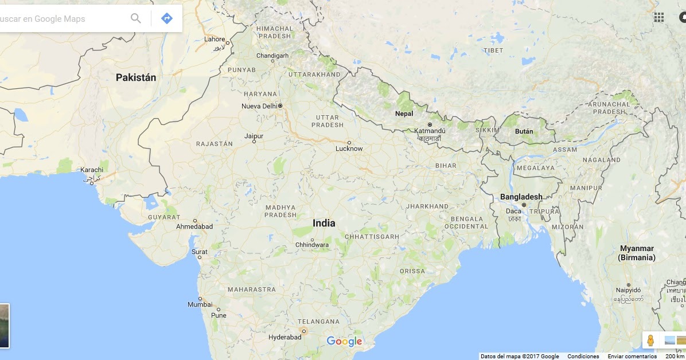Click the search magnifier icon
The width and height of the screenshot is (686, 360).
(x=136, y=18)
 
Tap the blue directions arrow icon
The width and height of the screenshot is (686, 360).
(x=167, y=18)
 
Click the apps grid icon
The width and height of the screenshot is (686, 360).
(x=659, y=17)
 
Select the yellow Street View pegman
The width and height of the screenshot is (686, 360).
(x=650, y=340)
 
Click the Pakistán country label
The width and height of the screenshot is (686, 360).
(x=136, y=77)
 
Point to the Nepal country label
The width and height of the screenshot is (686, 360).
(x=404, y=114)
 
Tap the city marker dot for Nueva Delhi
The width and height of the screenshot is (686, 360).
(x=280, y=106)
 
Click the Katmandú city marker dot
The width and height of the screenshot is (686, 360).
(x=430, y=124)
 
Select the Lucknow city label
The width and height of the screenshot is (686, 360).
(x=349, y=148)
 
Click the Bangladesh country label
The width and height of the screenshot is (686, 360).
(x=521, y=197)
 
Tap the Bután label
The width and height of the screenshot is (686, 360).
(x=524, y=131)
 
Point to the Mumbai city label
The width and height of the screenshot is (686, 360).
(x=200, y=305)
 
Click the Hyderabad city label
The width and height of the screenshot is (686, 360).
(x=284, y=337)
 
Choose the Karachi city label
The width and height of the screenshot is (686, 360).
(x=92, y=170)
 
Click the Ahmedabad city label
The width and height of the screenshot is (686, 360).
(x=194, y=226)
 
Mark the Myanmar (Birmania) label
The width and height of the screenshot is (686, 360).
(x=637, y=253)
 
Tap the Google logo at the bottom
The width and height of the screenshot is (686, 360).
(x=344, y=342)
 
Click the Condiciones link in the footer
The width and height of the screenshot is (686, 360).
(x=583, y=356)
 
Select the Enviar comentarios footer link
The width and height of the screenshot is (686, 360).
(x=632, y=356)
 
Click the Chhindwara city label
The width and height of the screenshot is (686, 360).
(x=312, y=245)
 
